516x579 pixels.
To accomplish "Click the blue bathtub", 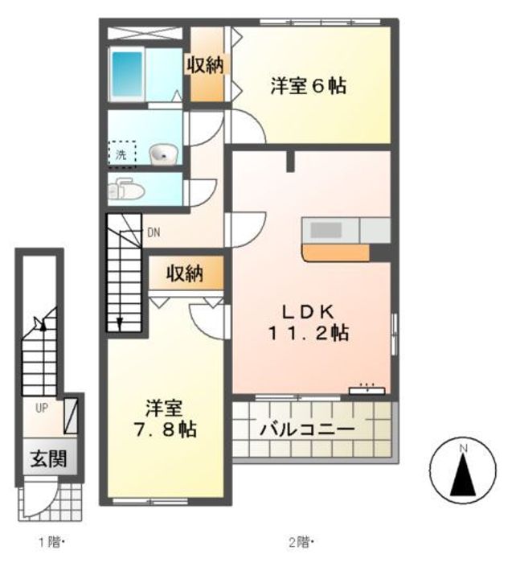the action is (127, 73).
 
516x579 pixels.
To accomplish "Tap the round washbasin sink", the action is (163, 154).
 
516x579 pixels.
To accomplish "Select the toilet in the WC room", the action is (126, 190).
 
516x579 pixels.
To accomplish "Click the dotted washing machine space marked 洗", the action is (122, 154).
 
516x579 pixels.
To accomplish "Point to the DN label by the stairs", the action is (154, 232).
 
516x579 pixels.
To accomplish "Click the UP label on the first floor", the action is (42, 408).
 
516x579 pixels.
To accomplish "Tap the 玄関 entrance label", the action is (49, 459).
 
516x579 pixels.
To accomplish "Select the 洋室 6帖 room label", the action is (309, 86).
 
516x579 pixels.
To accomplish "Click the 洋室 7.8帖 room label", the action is (165, 418).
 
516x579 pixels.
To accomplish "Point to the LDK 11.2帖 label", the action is (309, 322).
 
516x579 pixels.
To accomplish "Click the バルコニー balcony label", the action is (307, 429).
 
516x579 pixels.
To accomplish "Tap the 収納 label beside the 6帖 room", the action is (205, 65).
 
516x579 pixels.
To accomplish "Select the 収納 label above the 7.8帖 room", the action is (185, 273).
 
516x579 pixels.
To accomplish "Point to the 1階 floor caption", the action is (52, 543).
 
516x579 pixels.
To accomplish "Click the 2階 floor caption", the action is (301, 543).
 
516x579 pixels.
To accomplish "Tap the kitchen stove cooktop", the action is (326, 231).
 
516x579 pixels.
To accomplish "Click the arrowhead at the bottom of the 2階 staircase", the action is (120, 324).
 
